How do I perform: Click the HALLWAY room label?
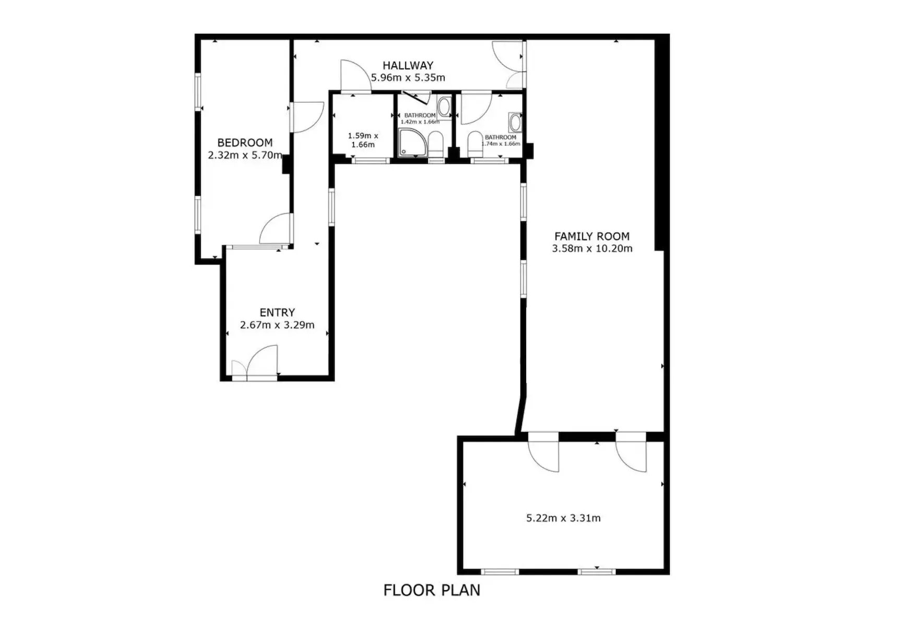coord(408,66)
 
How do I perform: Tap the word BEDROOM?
coord(245,142)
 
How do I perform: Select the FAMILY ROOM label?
coord(592,236)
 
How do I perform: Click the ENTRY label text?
coord(277,313)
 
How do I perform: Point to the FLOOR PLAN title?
coord(432,590)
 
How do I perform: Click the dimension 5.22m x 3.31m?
coord(563,518)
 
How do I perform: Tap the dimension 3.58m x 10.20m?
coord(592,249)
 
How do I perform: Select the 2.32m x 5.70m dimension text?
coord(245,155)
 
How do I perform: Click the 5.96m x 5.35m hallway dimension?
coord(408,78)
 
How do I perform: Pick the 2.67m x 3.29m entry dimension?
coord(277,325)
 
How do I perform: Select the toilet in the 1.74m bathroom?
coord(475,144)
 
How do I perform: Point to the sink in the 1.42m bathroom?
coord(444,107)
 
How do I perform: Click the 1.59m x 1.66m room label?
coord(363,140)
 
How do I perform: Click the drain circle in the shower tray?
coord(402,152)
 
